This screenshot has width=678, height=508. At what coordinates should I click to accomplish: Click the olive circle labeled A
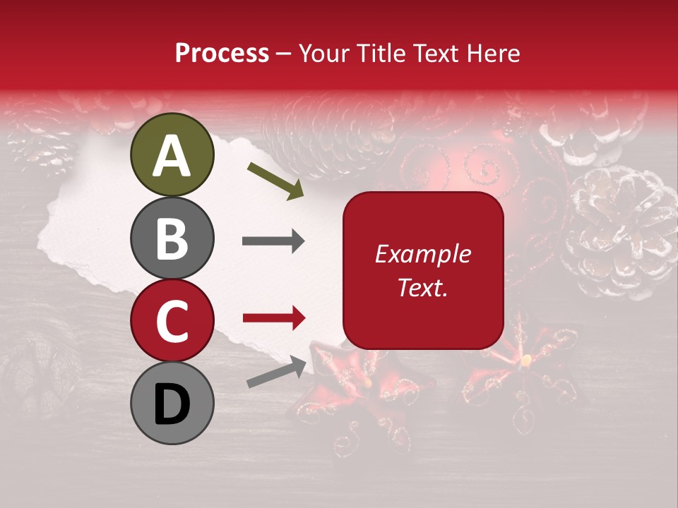pyautogui.click(x=172, y=155)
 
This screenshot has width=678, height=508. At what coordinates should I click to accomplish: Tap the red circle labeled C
pyautogui.click(x=172, y=320)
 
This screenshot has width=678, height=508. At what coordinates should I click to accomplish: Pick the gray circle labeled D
pyautogui.click(x=172, y=403)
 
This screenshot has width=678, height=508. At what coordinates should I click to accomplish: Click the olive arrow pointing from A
pyautogui.click(x=275, y=180)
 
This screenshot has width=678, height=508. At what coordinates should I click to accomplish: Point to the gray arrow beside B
pyautogui.click(x=273, y=242)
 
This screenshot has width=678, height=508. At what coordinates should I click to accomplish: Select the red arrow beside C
pyautogui.click(x=273, y=318)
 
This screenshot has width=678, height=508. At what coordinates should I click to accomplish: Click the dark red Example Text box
pyautogui.click(x=423, y=270)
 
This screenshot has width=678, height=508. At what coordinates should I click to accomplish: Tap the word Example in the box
pyautogui.click(x=423, y=254)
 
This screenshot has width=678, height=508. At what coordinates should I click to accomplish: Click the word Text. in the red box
pyautogui.click(x=423, y=287)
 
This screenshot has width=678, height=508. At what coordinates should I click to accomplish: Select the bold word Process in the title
pyautogui.click(x=222, y=53)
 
